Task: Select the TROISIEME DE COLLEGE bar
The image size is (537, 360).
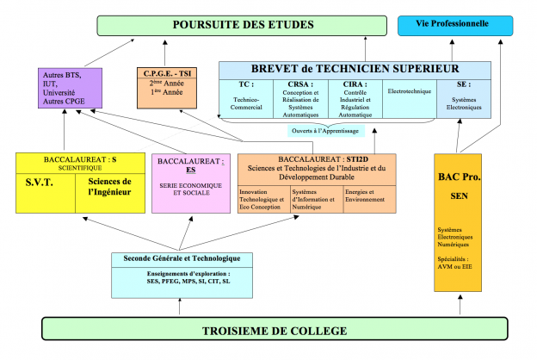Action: (x=274, y=331)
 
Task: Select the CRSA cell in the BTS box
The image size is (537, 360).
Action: (x=300, y=97)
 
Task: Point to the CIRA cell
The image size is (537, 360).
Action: (x=354, y=97)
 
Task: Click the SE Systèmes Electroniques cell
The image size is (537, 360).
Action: (x=464, y=97)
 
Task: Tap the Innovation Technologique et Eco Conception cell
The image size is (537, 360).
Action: (x=263, y=199)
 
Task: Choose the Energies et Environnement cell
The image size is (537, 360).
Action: (x=369, y=199)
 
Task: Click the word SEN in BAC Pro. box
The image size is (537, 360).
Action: (x=457, y=196)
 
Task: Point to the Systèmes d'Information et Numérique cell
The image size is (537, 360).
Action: (x=316, y=199)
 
